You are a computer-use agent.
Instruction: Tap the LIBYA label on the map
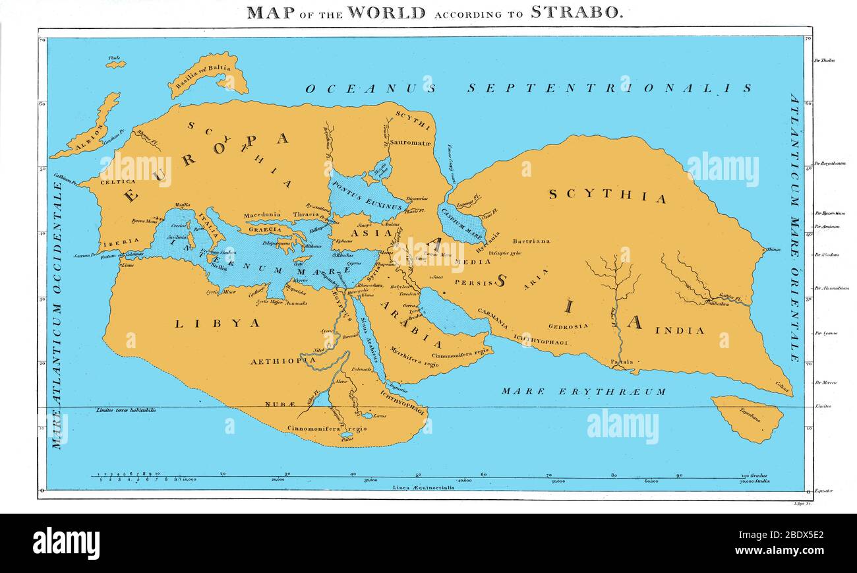click(x=217, y=323)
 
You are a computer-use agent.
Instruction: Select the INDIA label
click(x=680, y=330)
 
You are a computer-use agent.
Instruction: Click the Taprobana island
click(x=747, y=418)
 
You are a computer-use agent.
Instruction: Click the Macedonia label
click(x=262, y=215)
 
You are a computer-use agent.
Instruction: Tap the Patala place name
click(x=621, y=362)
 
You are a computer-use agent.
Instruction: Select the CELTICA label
click(x=117, y=181)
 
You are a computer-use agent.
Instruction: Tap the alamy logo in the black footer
click(x=66, y=543)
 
